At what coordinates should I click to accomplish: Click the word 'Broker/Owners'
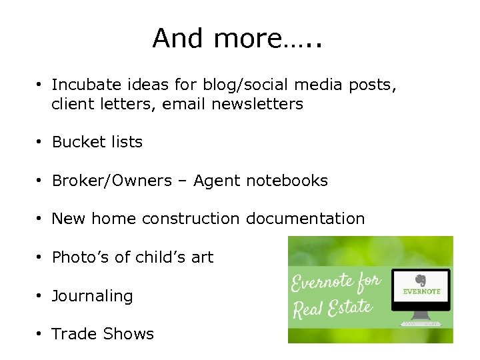coord(111,181)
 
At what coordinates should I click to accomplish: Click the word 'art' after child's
coord(202,257)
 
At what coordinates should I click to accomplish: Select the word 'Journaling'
coord(92,296)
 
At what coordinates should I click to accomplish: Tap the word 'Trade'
coord(73,334)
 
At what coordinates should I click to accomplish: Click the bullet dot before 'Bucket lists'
coord(41,143)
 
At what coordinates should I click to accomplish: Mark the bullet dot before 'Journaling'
coord(41,296)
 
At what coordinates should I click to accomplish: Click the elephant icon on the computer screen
coord(421,281)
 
